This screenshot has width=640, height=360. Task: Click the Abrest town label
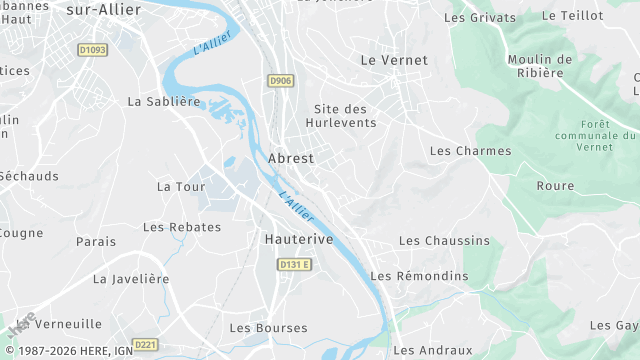tap(291, 158)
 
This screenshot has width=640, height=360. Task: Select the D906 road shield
tap(280, 80)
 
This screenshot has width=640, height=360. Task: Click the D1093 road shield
tap(92, 50)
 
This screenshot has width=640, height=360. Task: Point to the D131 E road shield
tap(294, 264)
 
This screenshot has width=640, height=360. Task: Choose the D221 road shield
tap(145, 345)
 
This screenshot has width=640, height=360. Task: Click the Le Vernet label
tap(393, 60)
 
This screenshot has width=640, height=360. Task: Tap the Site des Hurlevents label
tap(345, 115)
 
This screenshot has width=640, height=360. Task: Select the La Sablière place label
tap(164, 101)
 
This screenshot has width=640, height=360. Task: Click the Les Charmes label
tap(470, 151)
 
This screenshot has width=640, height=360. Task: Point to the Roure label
tap(555, 186)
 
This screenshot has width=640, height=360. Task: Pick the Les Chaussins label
tap(444, 241)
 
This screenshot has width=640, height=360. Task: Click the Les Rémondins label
tap(419, 276)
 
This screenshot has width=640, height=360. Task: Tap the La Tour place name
tap(181, 187)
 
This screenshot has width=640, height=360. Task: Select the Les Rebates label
tap(182, 227)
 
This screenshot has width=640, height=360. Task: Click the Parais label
tap(96, 242)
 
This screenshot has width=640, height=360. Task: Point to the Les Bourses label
tap(268, 328)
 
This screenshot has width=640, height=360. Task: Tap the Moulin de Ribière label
tap(540, 66)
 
